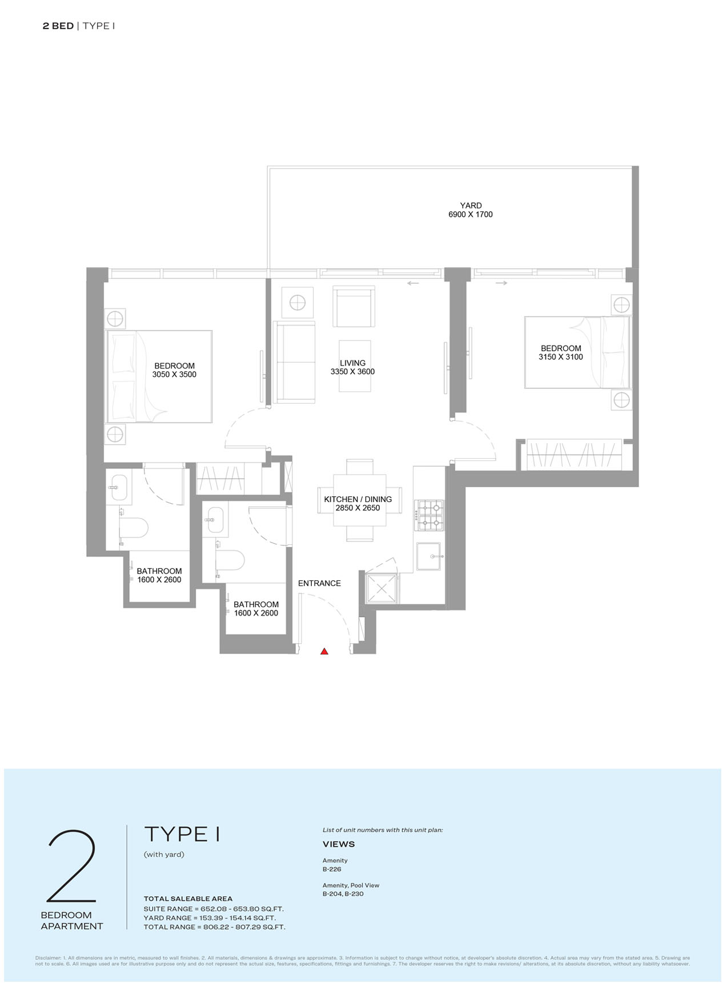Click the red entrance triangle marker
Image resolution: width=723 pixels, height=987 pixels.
[x=324, y=651]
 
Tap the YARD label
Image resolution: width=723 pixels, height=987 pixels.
[x=471, y=206]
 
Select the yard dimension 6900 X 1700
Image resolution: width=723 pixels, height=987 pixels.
[x=471, y=214]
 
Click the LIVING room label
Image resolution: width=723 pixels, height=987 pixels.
[x=352, y=363]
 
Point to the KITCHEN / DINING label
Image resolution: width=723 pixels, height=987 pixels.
[x=358, y=499]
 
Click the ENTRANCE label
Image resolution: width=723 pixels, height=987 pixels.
[x=319, y=583]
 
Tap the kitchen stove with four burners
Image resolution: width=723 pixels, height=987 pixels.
[x=429, y=515]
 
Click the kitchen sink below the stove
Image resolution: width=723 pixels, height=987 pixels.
[x=429, y=556]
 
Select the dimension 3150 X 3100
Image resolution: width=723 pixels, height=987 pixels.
[x=561, y=357]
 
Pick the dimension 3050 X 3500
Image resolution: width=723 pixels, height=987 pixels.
[x=174, y=375]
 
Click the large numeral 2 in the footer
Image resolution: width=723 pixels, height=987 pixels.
[x=71, y=866]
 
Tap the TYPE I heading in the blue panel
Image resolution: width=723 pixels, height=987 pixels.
[x=182, y=834]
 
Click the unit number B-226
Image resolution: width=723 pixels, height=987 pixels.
[x=332, y=869]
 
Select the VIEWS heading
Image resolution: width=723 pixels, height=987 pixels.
[x=339, y=844]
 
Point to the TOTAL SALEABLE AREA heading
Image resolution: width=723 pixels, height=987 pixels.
[x=188, y=898]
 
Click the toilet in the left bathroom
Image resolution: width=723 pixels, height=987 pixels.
[x=133, y=528]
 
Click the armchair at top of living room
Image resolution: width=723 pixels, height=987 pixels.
[x=354, y=307]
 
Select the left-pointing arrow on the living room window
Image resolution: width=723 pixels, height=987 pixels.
[x=413, y=283]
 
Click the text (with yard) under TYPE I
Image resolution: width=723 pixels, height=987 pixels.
[x=164, y=854]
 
